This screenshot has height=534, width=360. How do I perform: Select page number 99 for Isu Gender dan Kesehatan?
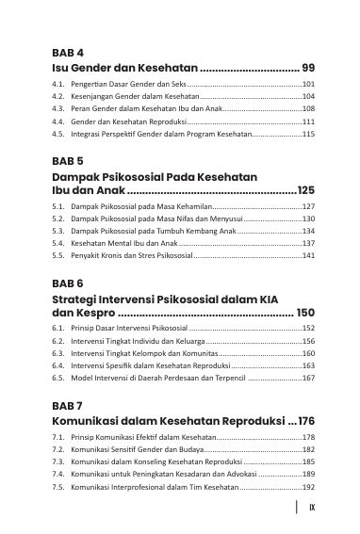pyautogui.click(x=307, y=69)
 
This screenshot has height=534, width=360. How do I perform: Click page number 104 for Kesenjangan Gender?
pyautogui.click(x=308, y=97)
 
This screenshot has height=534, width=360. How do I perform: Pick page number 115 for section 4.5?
pyautogui.click(x=308, y=135)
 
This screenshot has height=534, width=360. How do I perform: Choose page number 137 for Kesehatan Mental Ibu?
pyautogui.click(x=308, y=243)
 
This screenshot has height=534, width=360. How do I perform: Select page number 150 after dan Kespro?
pyautogui.click(x=305, y=312)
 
